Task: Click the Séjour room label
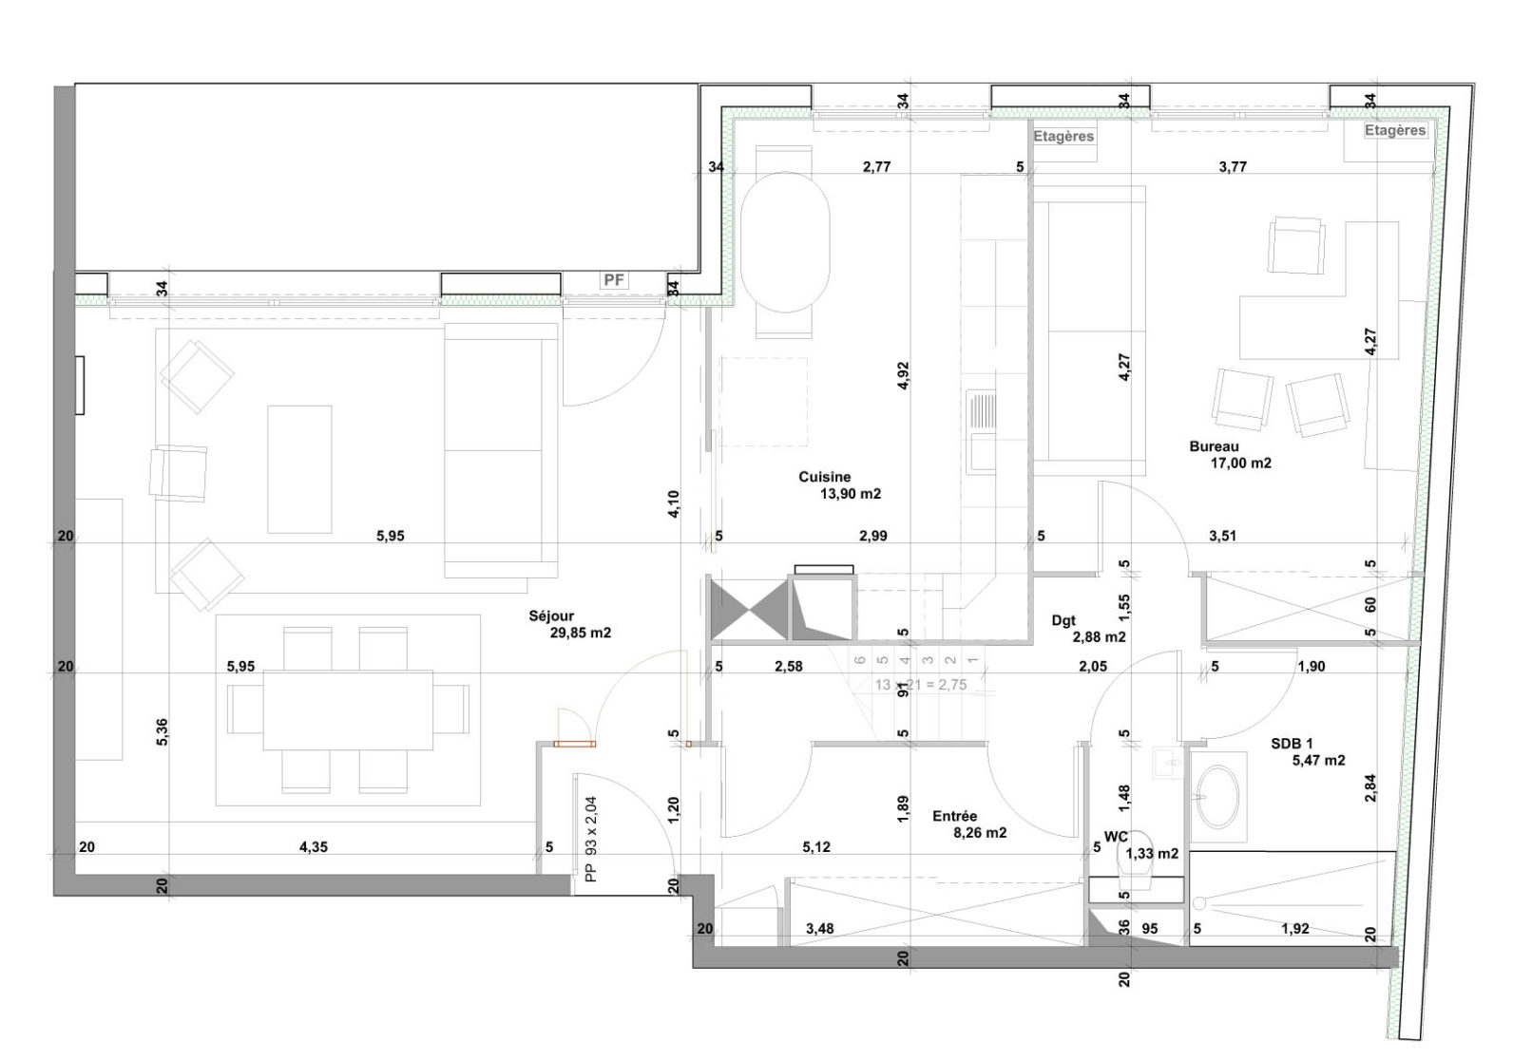tap(551, 616)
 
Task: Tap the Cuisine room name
tap(825, 477)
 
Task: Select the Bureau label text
tap(1214, 447)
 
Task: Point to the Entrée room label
tap(955, 816)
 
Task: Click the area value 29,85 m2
tap(581, 633)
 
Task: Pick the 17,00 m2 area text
tap(1240, 464)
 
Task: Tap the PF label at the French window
tap(614, 280)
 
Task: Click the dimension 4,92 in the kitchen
tap(904, 375)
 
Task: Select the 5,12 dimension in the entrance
tap(816, 847)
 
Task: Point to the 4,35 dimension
tap(314, 847)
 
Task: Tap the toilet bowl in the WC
tap(1134, 861)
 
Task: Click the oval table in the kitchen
tap(785, 242)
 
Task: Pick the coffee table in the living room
tap(299, 469)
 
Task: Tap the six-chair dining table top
tap(348, 710)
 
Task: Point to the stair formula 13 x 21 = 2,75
tap(921, 685)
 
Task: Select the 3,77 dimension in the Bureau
tap(1233, 167)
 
